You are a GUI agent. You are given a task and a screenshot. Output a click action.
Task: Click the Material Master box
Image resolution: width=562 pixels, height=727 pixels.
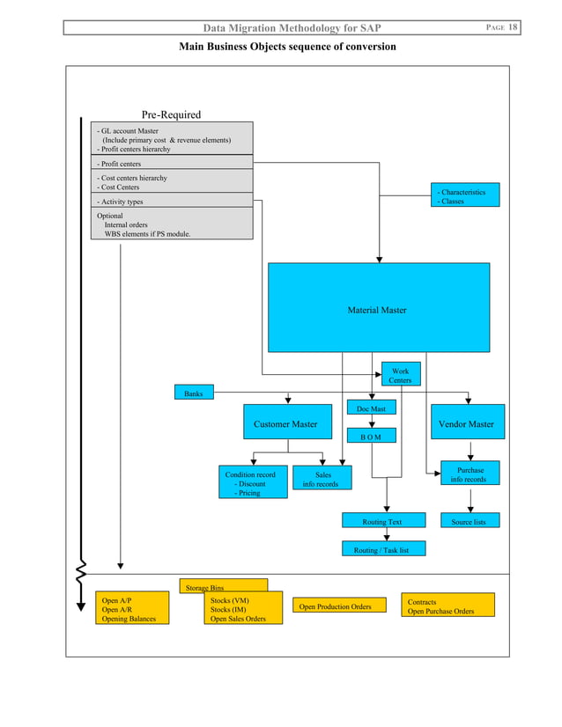pos(378,309)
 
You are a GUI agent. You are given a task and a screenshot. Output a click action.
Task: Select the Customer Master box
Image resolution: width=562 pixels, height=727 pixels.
pos(285,424)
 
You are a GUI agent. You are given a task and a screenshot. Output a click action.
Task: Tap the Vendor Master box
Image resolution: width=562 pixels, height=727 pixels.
pos(467,424)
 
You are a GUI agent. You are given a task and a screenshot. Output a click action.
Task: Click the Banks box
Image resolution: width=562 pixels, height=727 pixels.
pos(194,393)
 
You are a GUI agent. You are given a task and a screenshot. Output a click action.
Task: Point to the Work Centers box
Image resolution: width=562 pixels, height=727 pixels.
pos(400,376)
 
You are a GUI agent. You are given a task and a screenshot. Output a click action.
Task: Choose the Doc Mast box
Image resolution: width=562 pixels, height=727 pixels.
pos(371,408)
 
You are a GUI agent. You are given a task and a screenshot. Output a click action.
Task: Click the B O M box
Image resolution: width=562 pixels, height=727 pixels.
pos(371,436)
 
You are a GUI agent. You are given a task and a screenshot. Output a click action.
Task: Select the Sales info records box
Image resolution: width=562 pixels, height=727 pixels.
pos(321,479)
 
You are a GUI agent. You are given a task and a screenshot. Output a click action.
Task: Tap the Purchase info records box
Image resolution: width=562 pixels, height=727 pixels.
pos(470,474)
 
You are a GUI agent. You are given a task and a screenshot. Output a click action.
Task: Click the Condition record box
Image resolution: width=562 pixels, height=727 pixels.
pos(253,483)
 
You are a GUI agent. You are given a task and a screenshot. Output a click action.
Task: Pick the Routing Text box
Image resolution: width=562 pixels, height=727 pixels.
pos(383,521)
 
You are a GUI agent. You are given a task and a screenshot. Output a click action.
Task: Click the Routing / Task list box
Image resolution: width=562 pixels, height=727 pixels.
pos(383,549)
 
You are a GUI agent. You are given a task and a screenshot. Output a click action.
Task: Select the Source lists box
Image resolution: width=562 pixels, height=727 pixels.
pos(469,521)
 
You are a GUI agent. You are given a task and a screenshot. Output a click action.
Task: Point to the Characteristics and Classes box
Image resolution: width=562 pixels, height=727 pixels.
pos(466,195)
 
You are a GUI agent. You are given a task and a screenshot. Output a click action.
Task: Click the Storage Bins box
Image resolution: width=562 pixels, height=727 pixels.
pos(224,586)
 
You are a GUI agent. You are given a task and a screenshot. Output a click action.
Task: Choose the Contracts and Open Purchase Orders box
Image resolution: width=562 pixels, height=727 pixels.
pos(447,606)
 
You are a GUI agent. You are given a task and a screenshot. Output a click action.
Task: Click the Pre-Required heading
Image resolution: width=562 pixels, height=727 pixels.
pos(171,114)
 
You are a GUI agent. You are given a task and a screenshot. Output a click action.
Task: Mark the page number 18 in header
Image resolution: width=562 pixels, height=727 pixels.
pos(512,28)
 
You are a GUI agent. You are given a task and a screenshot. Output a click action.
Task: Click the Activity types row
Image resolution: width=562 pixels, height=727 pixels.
pos(173,202)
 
